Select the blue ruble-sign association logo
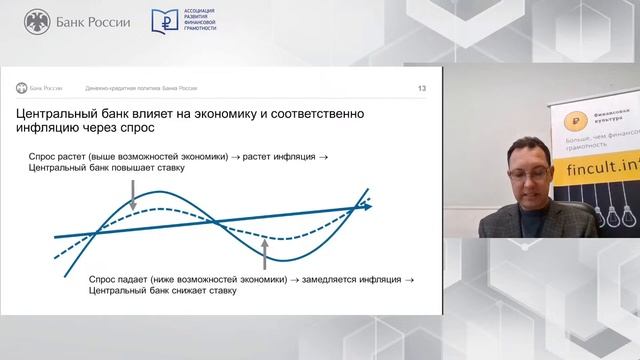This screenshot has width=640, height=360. point(166,21)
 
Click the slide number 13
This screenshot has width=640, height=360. point(422,88)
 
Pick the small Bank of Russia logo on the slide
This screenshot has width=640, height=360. point(21,88)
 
